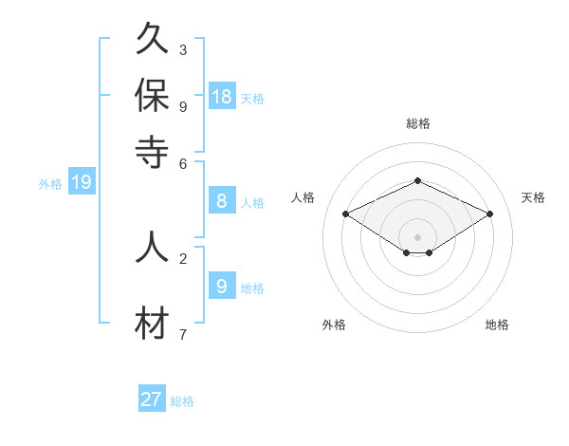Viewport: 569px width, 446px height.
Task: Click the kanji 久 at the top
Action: pos(152,40)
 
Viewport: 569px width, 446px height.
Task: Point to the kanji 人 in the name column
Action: pos(152,246)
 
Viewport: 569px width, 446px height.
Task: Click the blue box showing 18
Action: pos(222,97)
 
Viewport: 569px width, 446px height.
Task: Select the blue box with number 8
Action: pos(222,201)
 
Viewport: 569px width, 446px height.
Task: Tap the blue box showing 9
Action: pos(222,286)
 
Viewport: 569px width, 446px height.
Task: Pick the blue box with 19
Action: pos(82,183)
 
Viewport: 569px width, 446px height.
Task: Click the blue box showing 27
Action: pos(152,400)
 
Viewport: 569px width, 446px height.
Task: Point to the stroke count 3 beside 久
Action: pos(183,49)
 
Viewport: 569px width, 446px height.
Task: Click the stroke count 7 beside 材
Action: pos(183,334)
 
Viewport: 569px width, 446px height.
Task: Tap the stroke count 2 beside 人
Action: pos(183,257)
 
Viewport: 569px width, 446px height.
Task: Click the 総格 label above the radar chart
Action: pos(417,123)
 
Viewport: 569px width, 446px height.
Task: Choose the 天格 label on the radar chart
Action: pos(534,197)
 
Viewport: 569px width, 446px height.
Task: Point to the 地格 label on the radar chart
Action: pos(497,325)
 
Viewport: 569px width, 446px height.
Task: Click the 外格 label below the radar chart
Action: pos(334,325)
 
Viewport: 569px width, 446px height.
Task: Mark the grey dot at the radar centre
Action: pos(417,236)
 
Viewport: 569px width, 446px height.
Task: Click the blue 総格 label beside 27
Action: pos(182,401)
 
